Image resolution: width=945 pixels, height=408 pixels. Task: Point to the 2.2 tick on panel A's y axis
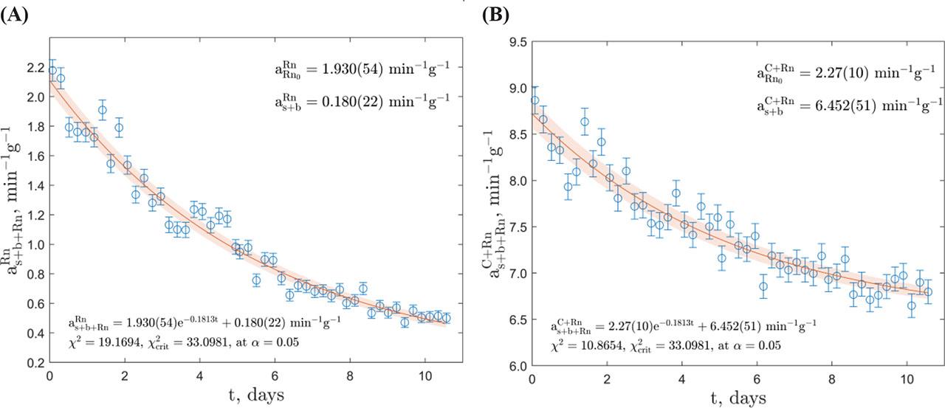35,66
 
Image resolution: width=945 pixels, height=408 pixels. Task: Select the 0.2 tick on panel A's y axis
35,363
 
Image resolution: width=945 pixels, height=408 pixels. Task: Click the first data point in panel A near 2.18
52,71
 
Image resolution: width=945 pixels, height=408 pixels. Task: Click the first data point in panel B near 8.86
535,100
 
